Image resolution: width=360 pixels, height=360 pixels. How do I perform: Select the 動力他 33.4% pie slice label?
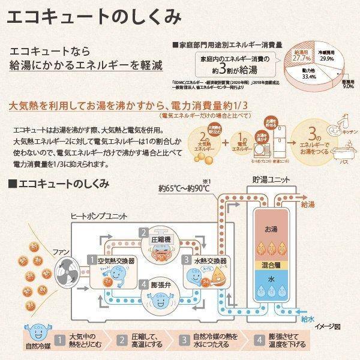pyautogui.click(x=309, y=77)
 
